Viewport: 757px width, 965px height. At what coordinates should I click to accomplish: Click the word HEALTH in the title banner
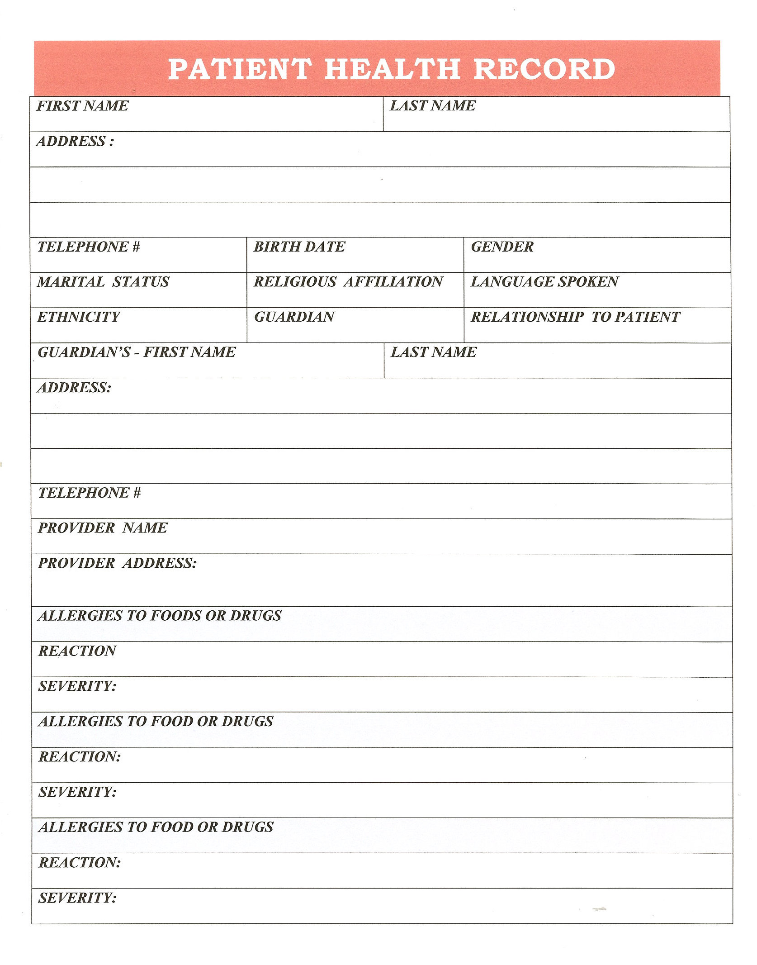coord(392,69)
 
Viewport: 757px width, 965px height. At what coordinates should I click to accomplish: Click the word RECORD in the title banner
coord(544,69)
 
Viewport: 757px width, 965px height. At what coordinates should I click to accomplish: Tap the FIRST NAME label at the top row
coord(82,106)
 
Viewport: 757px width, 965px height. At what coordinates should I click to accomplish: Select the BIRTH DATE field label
coord(299,247)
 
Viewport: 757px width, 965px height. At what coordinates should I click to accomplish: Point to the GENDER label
coord(502,247)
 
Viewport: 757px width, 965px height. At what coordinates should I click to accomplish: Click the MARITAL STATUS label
coord(103,282)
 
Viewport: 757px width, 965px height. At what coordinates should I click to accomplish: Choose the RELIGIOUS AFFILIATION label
coord(348,282)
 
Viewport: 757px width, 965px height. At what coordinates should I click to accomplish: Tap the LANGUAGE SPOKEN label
coord(544,282)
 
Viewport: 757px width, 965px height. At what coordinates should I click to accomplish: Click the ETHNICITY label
coord(79,317)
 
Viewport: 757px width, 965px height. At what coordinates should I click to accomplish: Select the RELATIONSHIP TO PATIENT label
coord(575,317)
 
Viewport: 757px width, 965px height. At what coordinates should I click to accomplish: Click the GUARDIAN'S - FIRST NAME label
coord(137,352)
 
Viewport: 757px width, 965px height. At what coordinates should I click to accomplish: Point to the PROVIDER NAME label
coord(103,528)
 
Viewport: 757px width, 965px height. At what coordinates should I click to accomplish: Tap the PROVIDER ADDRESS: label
coord(117,563)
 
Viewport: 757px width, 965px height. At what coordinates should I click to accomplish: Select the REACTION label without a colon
coord(77,651)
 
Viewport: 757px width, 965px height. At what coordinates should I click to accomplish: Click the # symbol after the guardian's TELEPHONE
coord(137,493)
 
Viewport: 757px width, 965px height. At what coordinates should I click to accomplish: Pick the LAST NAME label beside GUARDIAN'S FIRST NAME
coord(433,352)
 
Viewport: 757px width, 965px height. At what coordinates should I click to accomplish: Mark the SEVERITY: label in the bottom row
coord(77,898)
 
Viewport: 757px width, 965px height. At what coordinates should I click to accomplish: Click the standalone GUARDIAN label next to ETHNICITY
coord(294,317)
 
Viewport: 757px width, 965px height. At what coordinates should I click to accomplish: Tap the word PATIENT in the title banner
coord(240,69)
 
